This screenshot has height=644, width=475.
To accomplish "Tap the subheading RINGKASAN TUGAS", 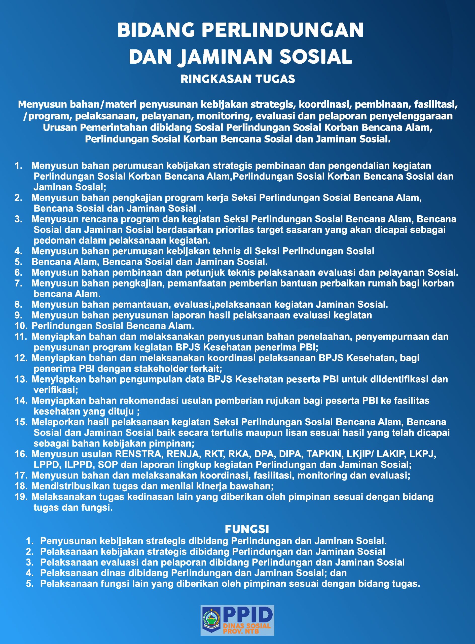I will point(238,79).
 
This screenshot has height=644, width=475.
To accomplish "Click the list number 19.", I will point(21,497).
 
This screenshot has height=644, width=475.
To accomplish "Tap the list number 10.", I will point(21,326).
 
